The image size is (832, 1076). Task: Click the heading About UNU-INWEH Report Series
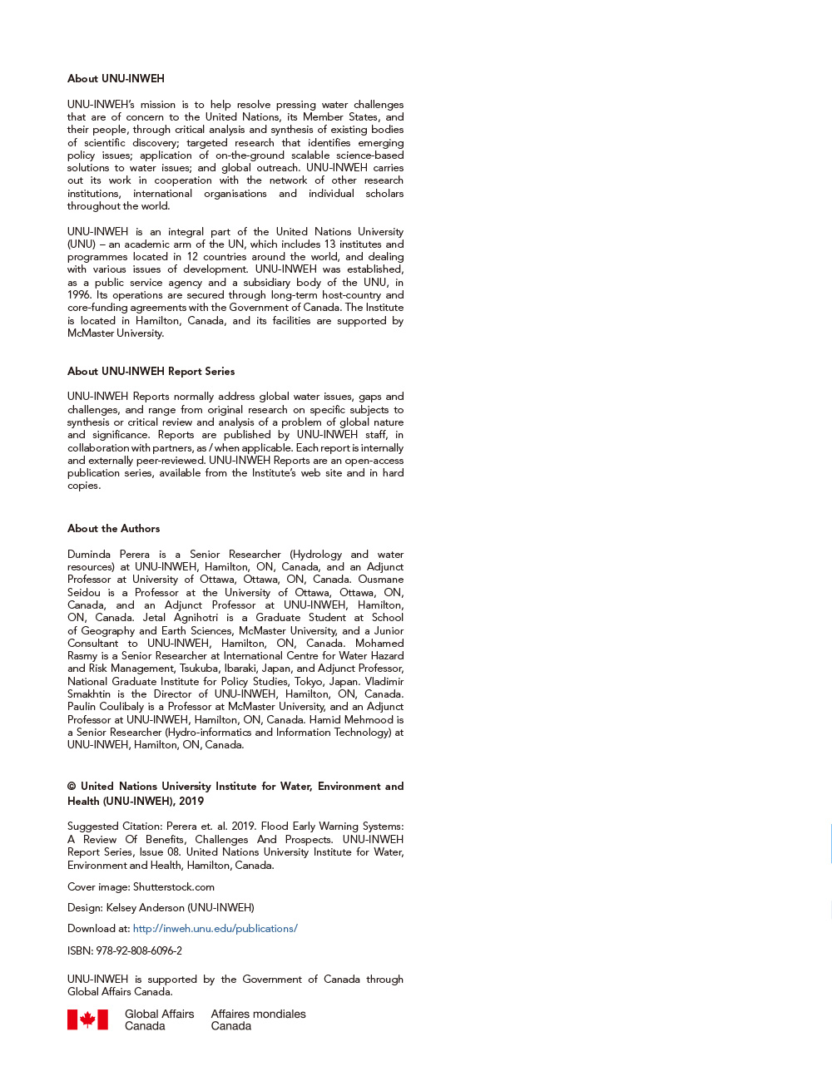[x=151, y=372]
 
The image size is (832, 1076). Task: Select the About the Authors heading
[x=113, y=529]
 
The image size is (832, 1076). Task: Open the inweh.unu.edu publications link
[x=215, y=929]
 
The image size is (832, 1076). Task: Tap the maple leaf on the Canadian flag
[x=87, y=1019]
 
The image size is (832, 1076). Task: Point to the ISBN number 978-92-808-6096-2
[x=139, y=951]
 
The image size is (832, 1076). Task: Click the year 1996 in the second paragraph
[x=79, y=295]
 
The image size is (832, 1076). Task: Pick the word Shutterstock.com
[x=174, y=887]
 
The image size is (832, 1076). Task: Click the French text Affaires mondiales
[x=258, y=1014]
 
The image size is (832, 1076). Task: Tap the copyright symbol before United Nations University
[x=72, y=787]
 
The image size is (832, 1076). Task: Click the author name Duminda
[x=89, y=555]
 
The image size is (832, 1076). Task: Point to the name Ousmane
[x=381, y=580]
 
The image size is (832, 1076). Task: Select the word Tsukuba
[x=198, y=669]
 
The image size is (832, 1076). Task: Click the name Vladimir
[x=384, y=681]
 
